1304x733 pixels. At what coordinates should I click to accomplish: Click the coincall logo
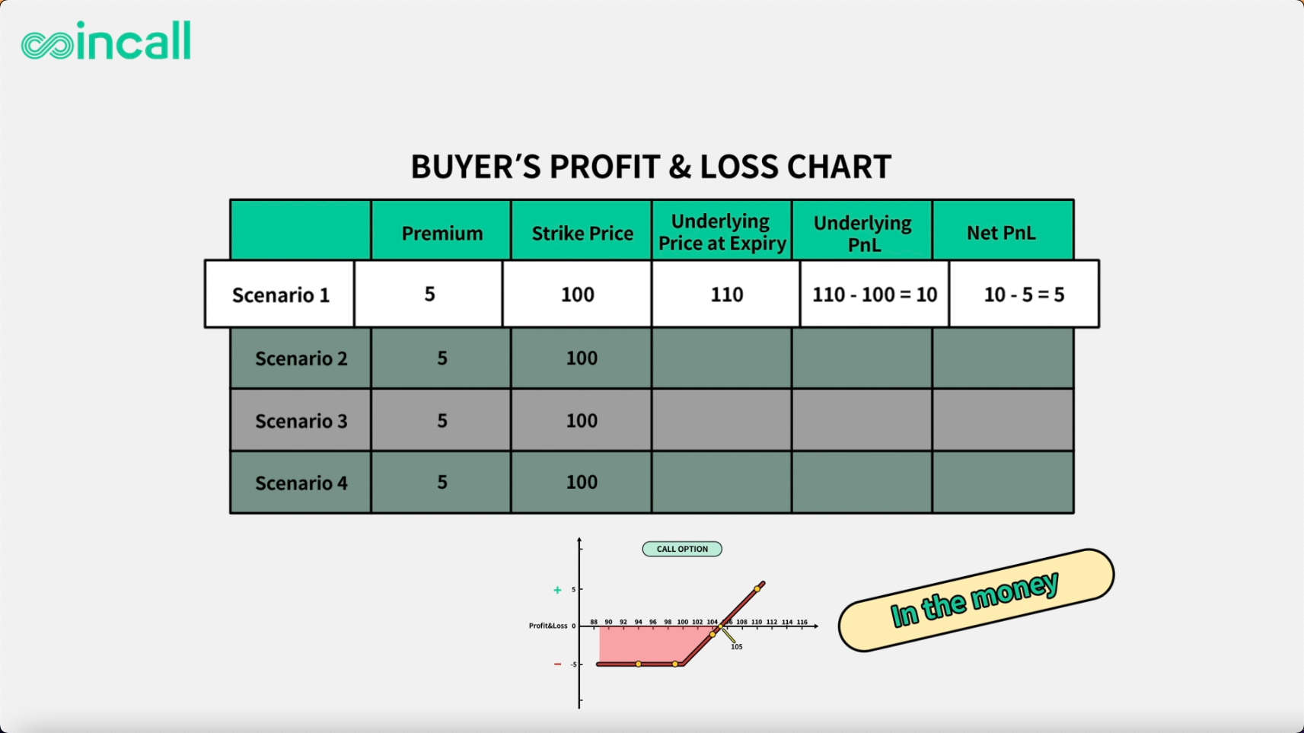(106, 40)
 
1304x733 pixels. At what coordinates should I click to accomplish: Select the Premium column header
(442, 233)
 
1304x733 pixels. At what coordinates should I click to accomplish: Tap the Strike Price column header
(582, 233)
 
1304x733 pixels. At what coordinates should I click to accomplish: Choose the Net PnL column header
(1001, 233)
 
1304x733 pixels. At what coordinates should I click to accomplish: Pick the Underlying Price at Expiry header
(722, 231)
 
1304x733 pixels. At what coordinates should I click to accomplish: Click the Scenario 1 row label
(281, 295)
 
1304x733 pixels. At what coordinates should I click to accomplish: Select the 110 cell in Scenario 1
(726, 295)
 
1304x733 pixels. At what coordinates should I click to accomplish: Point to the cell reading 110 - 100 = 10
(875, 295)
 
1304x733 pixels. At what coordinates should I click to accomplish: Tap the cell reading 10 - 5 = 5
(1024, 295)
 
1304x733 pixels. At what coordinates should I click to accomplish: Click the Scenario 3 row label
(301, 421)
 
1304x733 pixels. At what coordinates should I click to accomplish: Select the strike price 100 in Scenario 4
(582, 482)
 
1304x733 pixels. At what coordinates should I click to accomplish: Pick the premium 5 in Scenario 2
(442, 358)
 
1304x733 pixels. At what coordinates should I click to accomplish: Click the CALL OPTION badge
(682, 549)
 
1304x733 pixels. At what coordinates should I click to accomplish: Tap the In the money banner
(976, 601)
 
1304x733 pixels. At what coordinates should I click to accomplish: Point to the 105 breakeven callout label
(736, 647)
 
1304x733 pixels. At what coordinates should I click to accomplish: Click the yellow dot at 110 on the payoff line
(757, 589)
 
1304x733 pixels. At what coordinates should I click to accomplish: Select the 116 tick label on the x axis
(802, 622)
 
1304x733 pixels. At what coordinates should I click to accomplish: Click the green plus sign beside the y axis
(557, 591)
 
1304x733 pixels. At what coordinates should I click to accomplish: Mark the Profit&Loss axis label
(548, 626)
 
